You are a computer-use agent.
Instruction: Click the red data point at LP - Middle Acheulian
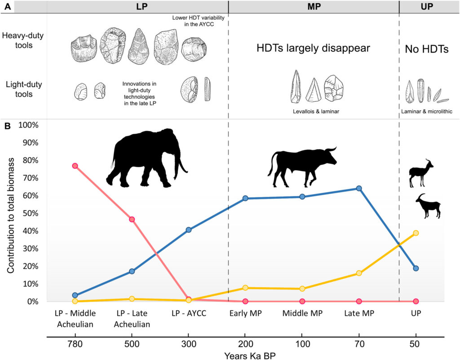(75, 166)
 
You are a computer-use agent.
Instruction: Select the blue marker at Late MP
(359, 189)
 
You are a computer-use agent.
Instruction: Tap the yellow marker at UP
(416, 233)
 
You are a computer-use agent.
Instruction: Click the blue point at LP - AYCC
(189, 230)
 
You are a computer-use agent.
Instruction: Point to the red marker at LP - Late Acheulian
(132, 219)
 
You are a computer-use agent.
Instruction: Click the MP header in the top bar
(313, 7)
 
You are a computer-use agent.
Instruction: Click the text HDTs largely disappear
(313, 48)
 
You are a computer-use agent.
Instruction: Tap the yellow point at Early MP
(245, 288)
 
